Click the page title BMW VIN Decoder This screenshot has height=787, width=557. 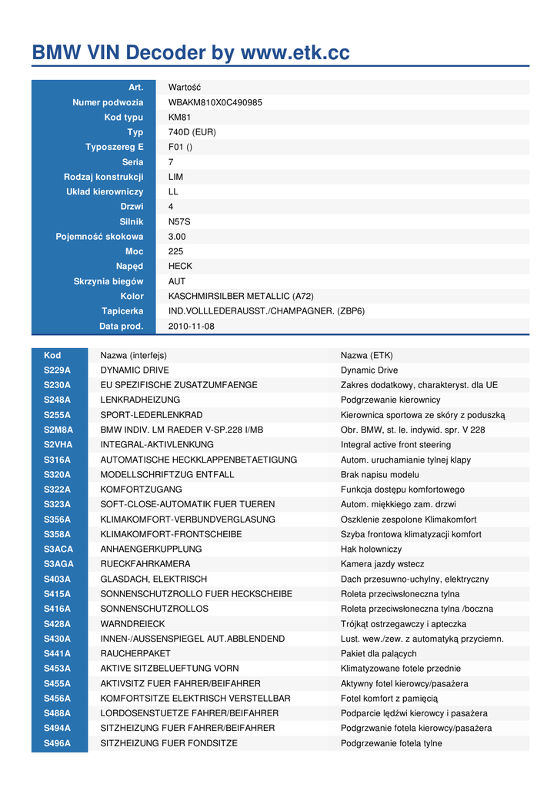[x=190, y=53]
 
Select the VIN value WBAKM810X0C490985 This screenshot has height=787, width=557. [x=215, y=102]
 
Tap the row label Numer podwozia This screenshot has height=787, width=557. [x=108, y=102]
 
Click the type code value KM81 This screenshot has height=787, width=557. [x=179, y=118]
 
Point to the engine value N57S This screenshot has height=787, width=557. [x=179, y=221]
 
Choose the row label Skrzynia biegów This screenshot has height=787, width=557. [x=108, y=281]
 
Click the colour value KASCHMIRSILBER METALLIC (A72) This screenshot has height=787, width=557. [x=241, y=296]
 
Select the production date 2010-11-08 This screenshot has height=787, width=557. [x=192, y=326]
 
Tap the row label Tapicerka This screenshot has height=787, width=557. [x=122, y=310]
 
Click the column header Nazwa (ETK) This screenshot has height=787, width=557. [x=366, y=355]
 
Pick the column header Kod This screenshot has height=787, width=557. [x=52, y=355]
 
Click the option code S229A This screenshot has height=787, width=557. [x=57, y=370]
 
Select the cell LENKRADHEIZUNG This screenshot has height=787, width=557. [x=140, y=400]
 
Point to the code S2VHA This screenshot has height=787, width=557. [x=58, y=444]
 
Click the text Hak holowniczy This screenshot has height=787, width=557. [x=371, y=549]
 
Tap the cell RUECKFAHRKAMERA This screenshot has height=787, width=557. [x=145, y=564]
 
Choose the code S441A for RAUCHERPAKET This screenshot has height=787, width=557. [x=57, y=653]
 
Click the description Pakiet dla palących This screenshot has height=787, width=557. [x=379, y=653]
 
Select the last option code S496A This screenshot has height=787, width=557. [x=57, y=742]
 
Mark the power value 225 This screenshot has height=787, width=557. [x=176, y=251]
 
